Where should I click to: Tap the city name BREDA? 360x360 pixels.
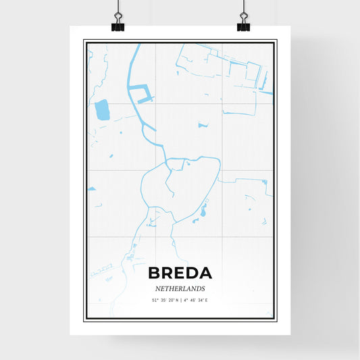point(180,274)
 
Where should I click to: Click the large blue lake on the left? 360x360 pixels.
point(102,109)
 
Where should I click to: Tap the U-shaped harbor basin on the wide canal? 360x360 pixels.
point(139,93)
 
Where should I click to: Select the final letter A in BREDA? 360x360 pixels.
point(205,274)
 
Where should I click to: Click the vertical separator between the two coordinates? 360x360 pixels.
point(180,299)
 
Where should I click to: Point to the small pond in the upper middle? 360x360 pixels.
point(203,124)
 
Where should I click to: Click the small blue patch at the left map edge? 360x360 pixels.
point(91,188)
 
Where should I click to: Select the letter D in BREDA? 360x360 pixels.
point(191,274)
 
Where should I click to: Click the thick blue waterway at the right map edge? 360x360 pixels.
point(267,91)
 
